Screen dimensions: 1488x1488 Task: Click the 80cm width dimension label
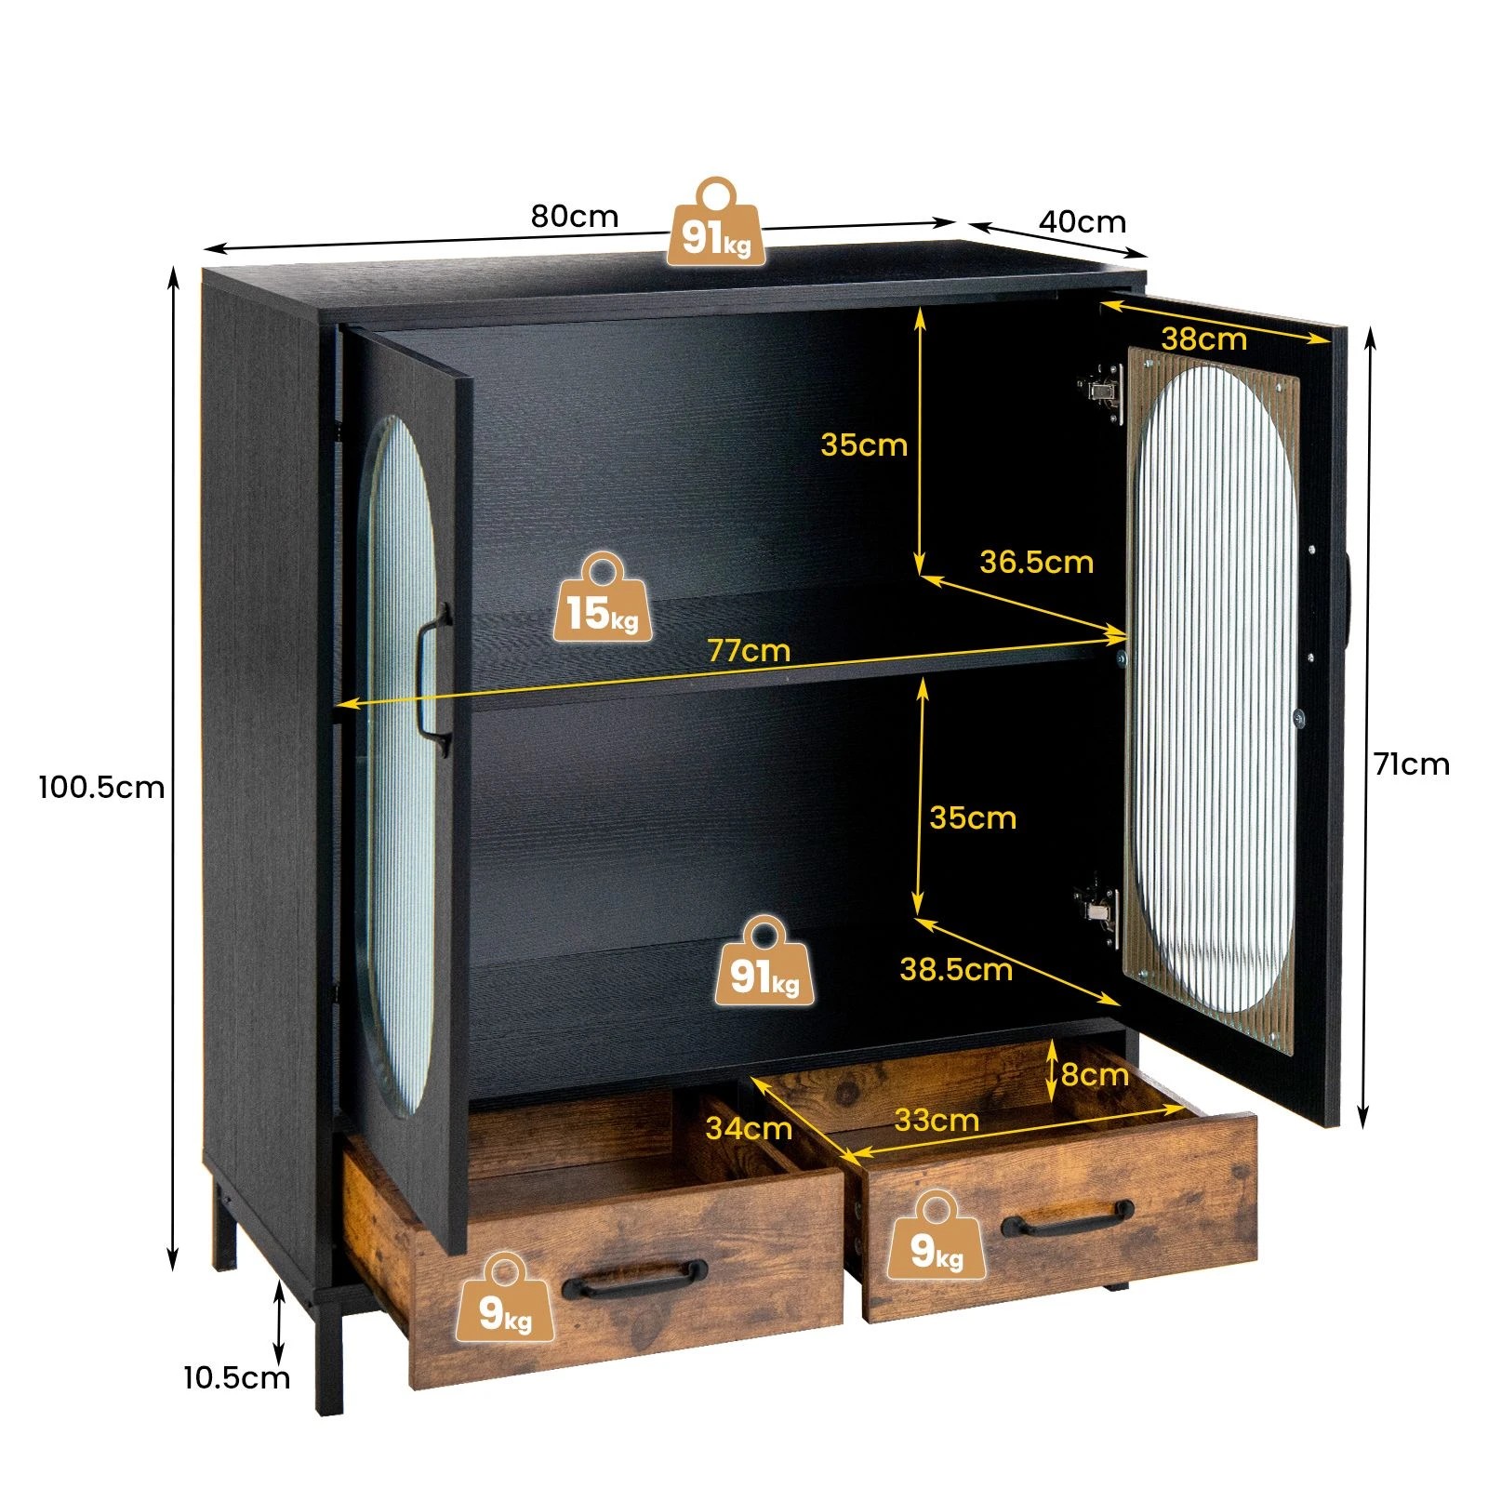[x=575, y=217]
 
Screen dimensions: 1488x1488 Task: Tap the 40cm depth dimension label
[x=1082, y=222]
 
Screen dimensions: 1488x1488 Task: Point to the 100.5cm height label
[x=101, y=788]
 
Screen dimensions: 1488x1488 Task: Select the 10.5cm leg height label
[x=236, y=1377]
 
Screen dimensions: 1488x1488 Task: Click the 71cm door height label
[x=1412, y=764]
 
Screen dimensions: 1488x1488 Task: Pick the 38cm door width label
[x=1203, y=339]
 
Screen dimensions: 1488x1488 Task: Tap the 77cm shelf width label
[x=749, y=650]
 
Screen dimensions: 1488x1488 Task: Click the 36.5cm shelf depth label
[x=1036, y=562]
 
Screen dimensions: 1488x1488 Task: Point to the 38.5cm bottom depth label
[x=956, y=970]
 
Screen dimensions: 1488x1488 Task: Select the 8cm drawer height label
[x=1095, y=1075]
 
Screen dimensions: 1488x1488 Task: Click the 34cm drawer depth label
[x=749, y=1128]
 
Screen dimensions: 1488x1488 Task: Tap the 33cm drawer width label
[x=937, y=1121]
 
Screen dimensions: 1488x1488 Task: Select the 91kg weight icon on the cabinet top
[x=716, y=223]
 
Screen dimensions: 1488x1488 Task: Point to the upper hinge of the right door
[x=1102, y=390]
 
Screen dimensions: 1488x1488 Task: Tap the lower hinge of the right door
[x=1097, y=910]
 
